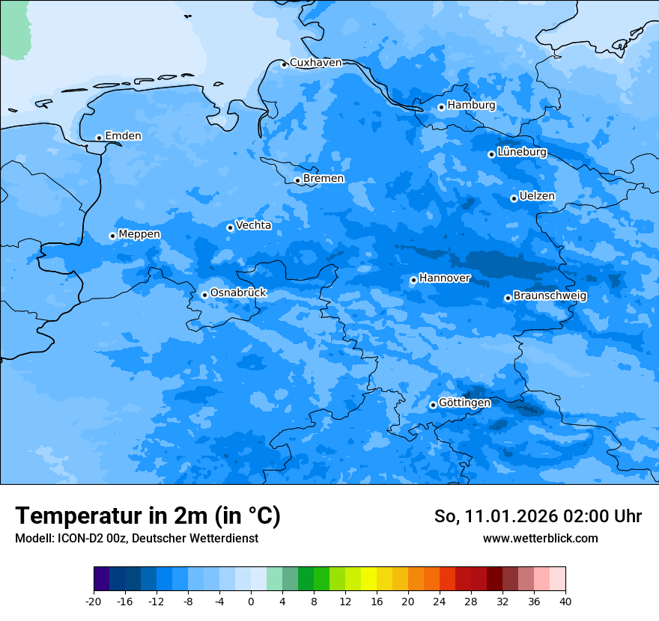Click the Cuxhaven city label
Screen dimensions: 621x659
click(x=315, y=63)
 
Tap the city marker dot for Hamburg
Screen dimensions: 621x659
click(x=442, y=107)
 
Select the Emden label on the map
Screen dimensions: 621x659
click(x=123, y=135)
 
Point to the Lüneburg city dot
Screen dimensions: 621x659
click(x=492, y=154)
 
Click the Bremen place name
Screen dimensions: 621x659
click(x=324, y=179)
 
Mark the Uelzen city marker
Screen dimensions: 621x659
click(x=514, y=198)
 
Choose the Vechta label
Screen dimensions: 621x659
click(x=253, y=225)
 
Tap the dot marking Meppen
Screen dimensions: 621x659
click(x=113, y=236)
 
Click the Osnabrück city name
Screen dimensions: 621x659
click(x=238, y=293)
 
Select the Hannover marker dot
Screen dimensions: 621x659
click(x=413, y=280)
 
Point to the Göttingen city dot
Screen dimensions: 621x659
click(x=433, y=405)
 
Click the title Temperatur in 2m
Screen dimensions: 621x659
click(x=148, y=516)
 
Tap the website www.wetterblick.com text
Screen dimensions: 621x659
click(x=540, y=538)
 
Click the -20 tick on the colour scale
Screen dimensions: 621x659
click(x=94, y=601)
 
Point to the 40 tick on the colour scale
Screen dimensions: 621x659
click(x=565, y=601)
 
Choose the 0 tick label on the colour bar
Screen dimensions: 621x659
click(x=251, y=601)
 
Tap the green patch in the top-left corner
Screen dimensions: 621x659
click(x=13, y=28)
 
